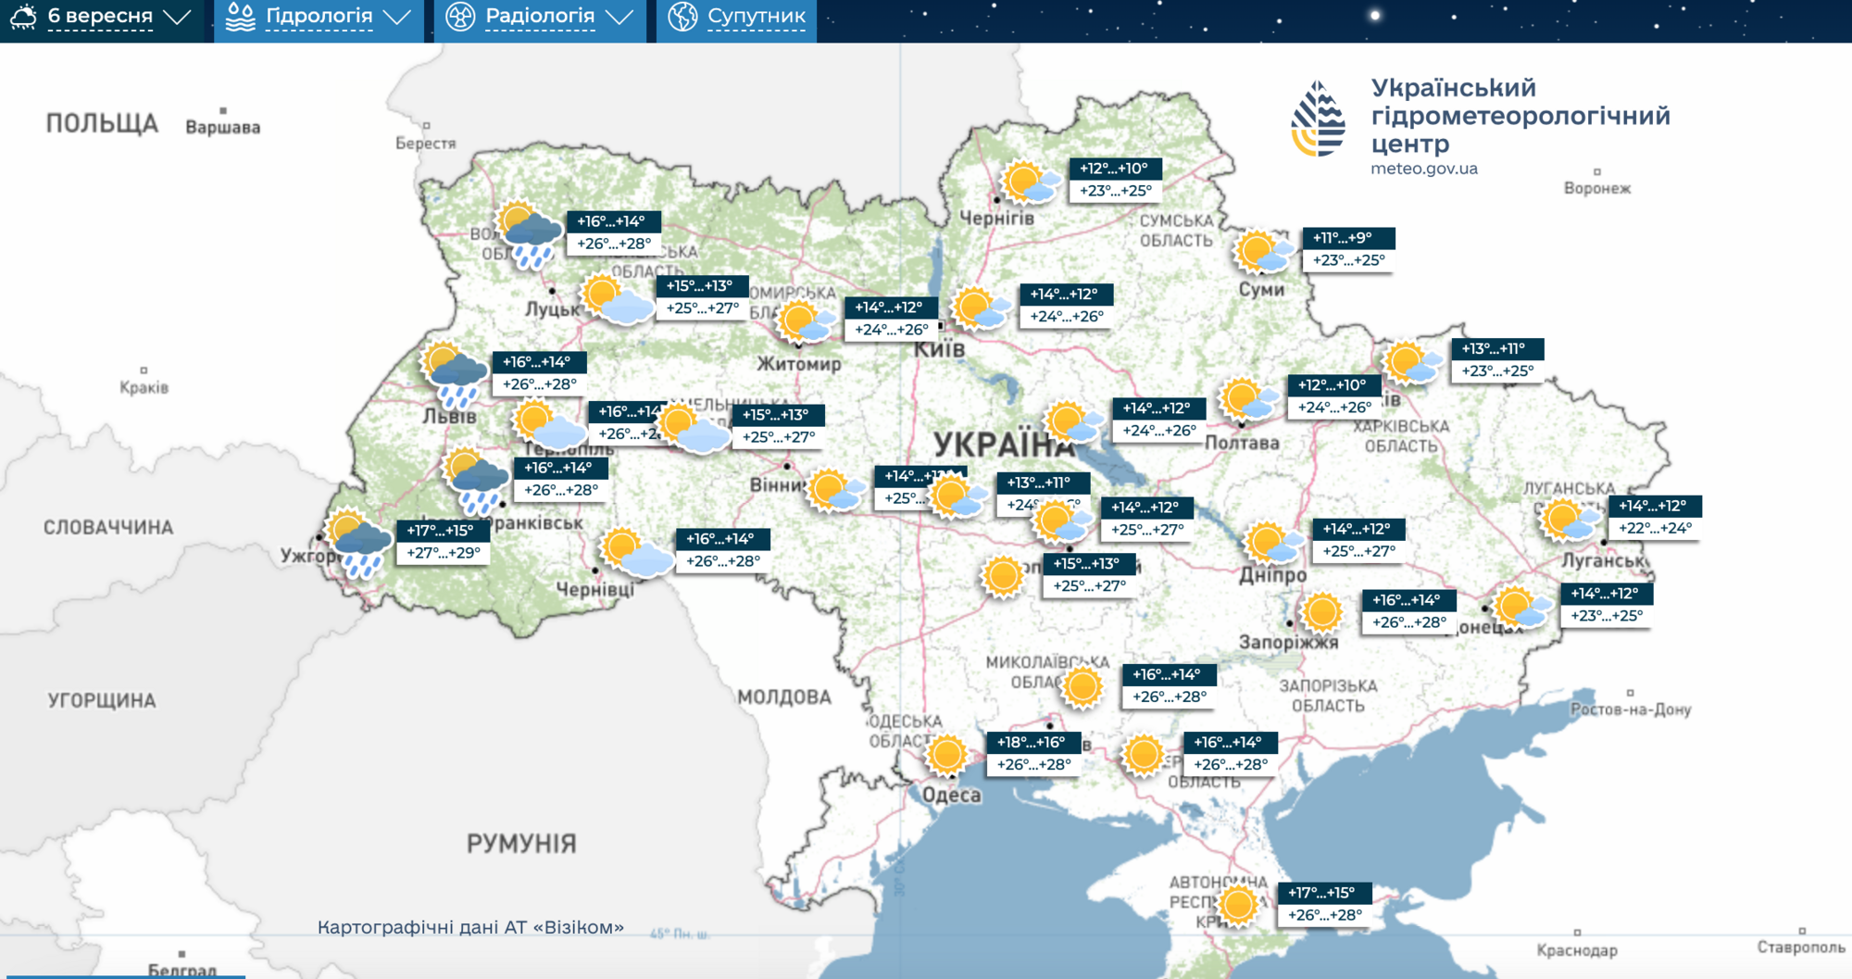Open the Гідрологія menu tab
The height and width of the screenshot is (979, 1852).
pyautogui.click(x=319, y=18)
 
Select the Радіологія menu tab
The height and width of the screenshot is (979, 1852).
pyautogui.click(x=540, y=18)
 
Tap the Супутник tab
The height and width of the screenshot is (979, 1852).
pyautogui.click(x=737, y=18)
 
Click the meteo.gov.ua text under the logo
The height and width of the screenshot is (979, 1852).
pyautogui.click(x=1423, y=169)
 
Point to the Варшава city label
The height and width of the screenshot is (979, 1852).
pyautogui.click(x=222, y=127)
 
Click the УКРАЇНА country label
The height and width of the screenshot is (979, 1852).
pyautogui.click(x=1003, y=445)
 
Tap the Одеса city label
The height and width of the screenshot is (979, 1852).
pyautogui.click(x=951, y=795)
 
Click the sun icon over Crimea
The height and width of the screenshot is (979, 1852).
pyautogui.click(x=1238, y=904)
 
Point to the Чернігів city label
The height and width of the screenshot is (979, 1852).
pyautogui.click(x=996, y=219)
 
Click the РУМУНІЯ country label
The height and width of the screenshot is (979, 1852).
pyautogui.click(x=521, y=843)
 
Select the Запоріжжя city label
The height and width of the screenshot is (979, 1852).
pyautogui.click(x=1288, y=642)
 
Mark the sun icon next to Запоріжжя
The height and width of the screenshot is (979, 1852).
pyautogui.click(x=1321, y=611)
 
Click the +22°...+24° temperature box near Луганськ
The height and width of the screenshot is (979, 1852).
pyautogui.click(x=1655, y=528)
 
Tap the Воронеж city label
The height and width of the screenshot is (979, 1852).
pyautogui.click(x=1596, y=188)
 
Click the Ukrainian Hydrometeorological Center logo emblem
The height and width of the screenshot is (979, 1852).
pyautogui.click(x=1318, y=119)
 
